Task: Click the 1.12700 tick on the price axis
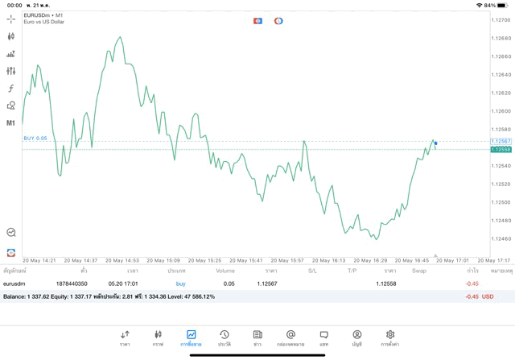click(x=501, y=20)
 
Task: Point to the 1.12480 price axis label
click(x=501, y=220)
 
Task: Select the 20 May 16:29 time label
click(x=374, y=260)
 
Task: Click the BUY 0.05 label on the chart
click(x=35, y=139)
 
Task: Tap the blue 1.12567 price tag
click(x=501, y=141)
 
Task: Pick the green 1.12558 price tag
click(x=501, y=149)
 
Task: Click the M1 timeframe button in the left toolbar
click(x=11, y=123)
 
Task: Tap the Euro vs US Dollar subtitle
click(x=44, y=22)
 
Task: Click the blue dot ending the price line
click(x=435, y=143)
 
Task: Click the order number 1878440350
click(x=72, y=283)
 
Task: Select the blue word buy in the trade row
click(x=180, y=283)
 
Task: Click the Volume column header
click(x=225, y=271)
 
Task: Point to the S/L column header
click(x=312, y=271)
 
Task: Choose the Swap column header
click(x=419, y=271)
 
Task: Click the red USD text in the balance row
click(x=487, y=296)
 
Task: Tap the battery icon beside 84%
click(x=504, y=5)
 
